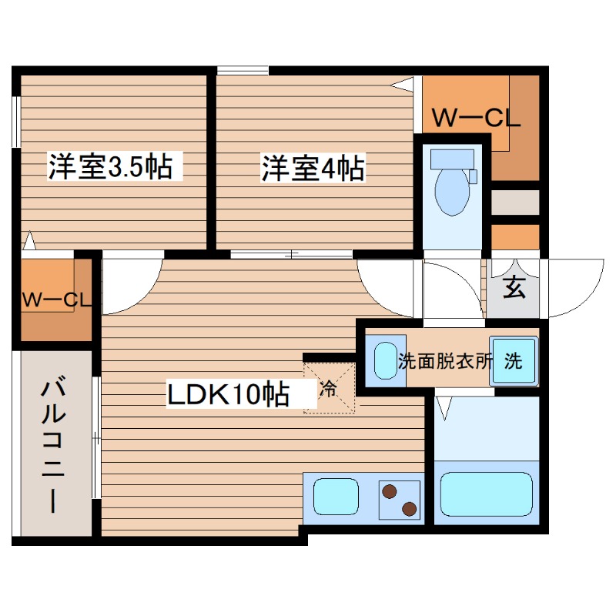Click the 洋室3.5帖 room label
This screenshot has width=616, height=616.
(x=111, y=167)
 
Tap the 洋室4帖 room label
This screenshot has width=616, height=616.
(x=313, y=167)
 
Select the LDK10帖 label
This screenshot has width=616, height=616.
(x=229, y=394)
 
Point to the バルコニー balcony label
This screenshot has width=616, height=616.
(x=53, y=444)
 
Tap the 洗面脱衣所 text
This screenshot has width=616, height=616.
(x=444, y=362)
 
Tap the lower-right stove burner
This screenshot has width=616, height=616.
(x=409, y=508)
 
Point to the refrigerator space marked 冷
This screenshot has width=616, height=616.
(x=329, y=388)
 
